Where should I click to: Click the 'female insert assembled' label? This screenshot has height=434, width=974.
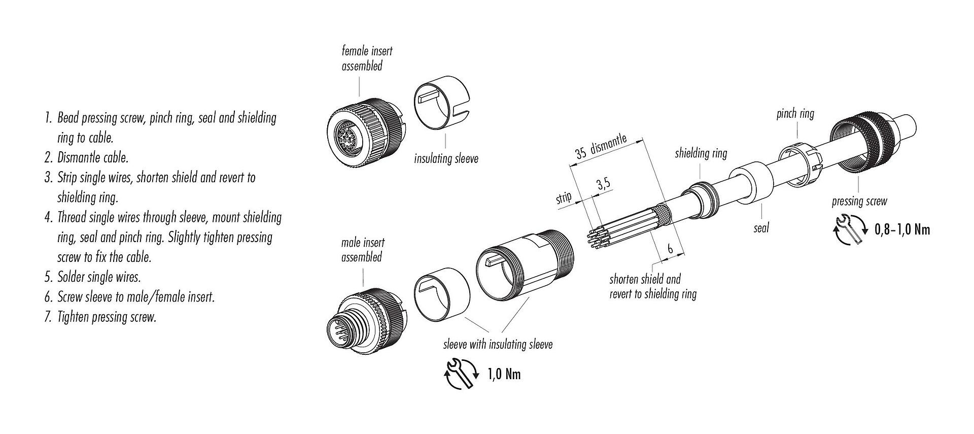click(x=367, y=58)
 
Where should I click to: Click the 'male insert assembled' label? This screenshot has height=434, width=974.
click(x=362, y=250)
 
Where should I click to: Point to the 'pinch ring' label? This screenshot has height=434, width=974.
click(x=795, y=114)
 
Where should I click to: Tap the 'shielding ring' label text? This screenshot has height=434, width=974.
click(x=701, y=153)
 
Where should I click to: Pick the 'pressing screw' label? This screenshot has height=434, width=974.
click(x=859, y=201)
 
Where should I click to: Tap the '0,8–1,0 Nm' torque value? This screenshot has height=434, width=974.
click(x=902, y=230)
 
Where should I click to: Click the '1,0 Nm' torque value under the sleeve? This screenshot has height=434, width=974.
click(x=504, y=375)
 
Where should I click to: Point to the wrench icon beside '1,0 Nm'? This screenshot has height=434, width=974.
click(x=461, y=375)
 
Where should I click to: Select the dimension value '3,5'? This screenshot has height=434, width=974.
click(x=603, y=184)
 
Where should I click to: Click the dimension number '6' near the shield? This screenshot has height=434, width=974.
click(x=670, y=249)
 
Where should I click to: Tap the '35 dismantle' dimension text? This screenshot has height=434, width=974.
click(x=601, y=147)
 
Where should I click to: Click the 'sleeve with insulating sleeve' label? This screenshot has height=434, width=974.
click(x=498, y=345)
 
